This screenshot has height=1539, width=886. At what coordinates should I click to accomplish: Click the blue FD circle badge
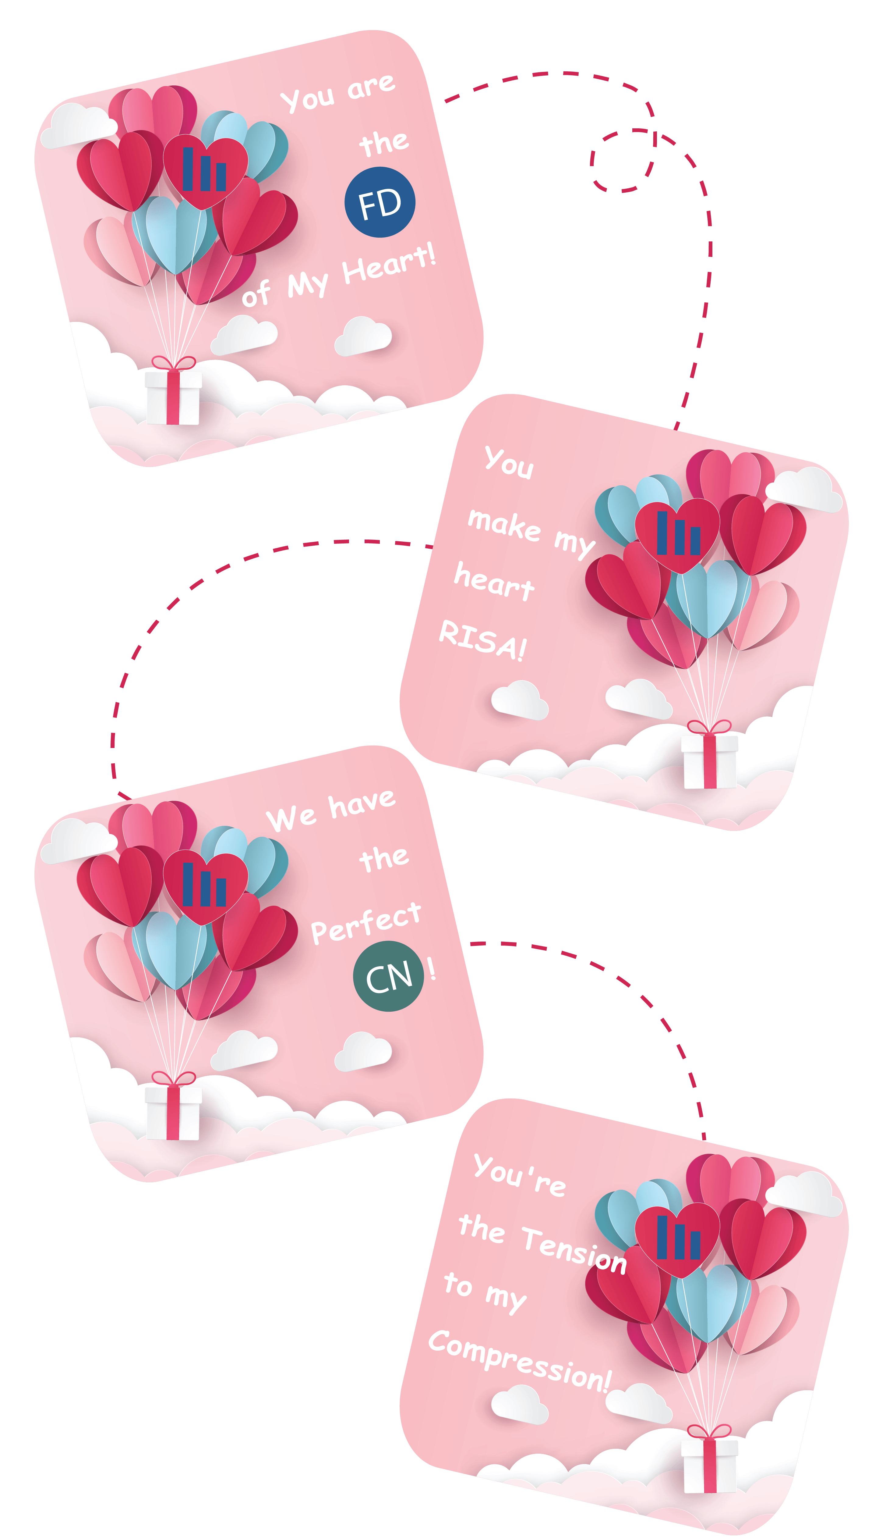pyautogui.click(x=380, y=203)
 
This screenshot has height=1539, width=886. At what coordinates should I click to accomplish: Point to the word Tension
pyautogui.click(x=574, y=1249)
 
